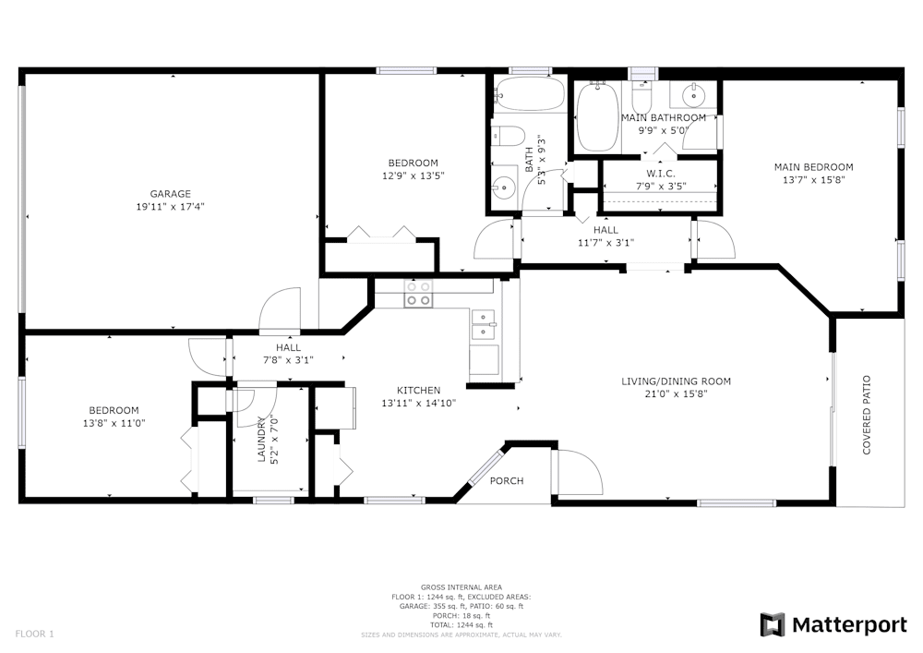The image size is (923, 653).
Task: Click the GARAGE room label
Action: click(x=171, y=194)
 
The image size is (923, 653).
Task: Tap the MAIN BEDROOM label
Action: click(x=812, y=167)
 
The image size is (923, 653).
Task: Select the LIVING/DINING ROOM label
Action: click(x=676, y=381)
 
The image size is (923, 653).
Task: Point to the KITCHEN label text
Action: click(x=418, y=390)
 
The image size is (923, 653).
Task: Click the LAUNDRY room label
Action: click(x=261, y=441)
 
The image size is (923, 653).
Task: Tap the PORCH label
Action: click(x=507, y=480)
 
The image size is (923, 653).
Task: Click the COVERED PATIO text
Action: click(x=867, y=415)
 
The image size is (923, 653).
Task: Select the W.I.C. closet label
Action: click(x=662, y=174)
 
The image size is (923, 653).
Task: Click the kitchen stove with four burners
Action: click(x=418, y=294)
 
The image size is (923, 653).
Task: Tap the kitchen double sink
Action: click(x=484, y=320)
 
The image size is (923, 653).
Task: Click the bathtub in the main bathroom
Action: click(x=597, y=117)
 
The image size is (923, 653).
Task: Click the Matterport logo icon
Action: click(x=773, y=625)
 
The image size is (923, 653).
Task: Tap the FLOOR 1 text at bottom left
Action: click(x=35, y=634)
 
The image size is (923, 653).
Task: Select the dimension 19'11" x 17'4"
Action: click(x=171, y=207)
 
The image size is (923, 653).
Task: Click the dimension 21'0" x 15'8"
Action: click(x=676, y=394)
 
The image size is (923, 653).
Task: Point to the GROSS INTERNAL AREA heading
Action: click(x=461, y=587)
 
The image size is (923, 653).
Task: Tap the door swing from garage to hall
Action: click(x=282, y=311)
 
